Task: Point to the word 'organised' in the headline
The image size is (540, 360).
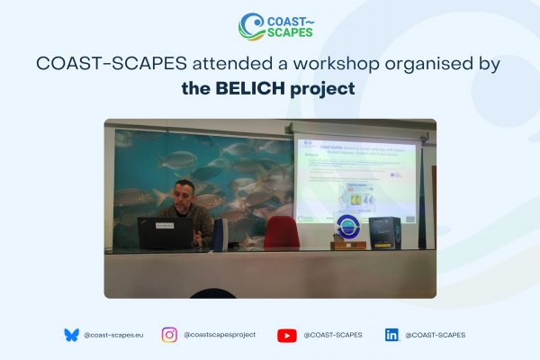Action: click(422, 65)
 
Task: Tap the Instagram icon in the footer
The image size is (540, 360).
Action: click(169, 335)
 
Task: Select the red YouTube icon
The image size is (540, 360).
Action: click(287, 335)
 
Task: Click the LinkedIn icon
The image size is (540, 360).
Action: click(391, 335)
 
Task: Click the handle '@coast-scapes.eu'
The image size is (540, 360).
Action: click(112, 335)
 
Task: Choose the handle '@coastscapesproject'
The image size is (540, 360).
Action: click(220, 335)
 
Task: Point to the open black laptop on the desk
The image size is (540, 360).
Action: click(163, 232)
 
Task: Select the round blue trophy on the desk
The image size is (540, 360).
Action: click(346, 229)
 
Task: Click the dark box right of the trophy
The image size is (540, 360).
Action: click(383, 231)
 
